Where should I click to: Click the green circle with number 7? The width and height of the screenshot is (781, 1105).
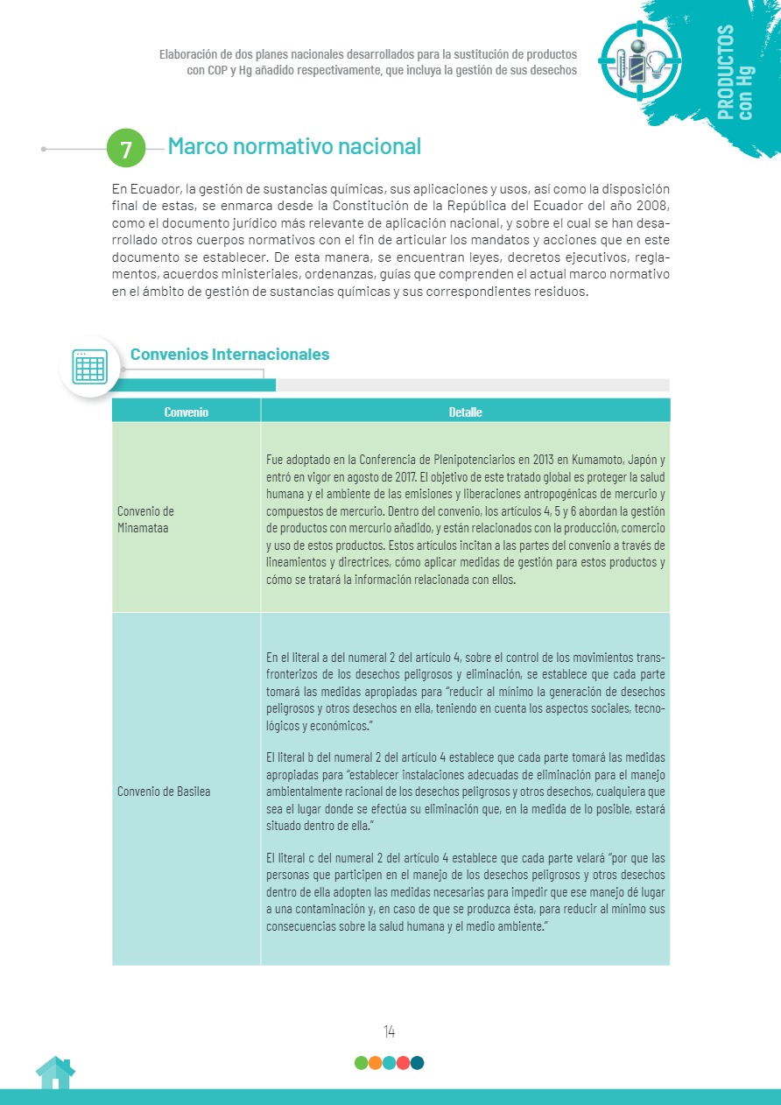(126, 149)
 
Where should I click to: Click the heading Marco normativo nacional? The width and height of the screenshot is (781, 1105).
(294, 146)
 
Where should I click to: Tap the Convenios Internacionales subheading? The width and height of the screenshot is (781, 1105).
(229, 354)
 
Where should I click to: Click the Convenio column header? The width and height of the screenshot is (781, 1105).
(186, 412)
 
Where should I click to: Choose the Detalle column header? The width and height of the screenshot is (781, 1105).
(465, 412)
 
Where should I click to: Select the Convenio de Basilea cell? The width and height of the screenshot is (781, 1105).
(164, 792)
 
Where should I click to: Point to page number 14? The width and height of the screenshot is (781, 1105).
(389, 1031)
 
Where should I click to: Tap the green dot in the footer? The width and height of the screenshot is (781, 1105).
(361, 1063)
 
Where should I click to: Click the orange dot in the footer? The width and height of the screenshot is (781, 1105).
(375, 1063)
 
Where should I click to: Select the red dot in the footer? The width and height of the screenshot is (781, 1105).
(403, 1063)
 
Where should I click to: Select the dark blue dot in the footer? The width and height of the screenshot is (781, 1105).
(417, 1063)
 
